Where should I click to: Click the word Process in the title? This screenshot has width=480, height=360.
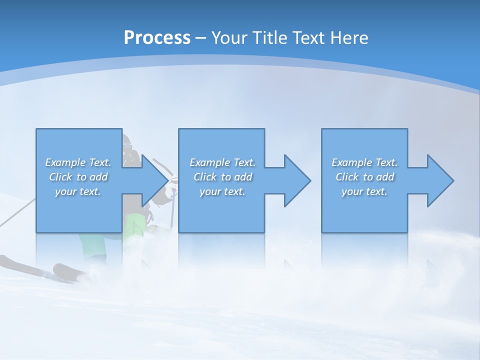click(x=157, y=37)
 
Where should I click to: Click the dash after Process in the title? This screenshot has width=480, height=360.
click(x=201, y=38)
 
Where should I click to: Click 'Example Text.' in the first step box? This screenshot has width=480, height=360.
click(x=78, y=162)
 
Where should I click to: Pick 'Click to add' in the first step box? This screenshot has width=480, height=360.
click(x=78, y=177)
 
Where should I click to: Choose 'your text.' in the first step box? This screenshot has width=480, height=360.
click(x=78, y=191)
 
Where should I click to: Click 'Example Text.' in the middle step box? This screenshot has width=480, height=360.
click(x=222, y=162)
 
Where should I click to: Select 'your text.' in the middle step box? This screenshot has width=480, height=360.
click(x=222, y=191)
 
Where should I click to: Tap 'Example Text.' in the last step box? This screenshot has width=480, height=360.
click(x=364, y=162)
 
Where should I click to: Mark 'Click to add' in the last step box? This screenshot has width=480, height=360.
click(x=364, y=177)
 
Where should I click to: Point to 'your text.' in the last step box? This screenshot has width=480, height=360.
click(x=364, y=191)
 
